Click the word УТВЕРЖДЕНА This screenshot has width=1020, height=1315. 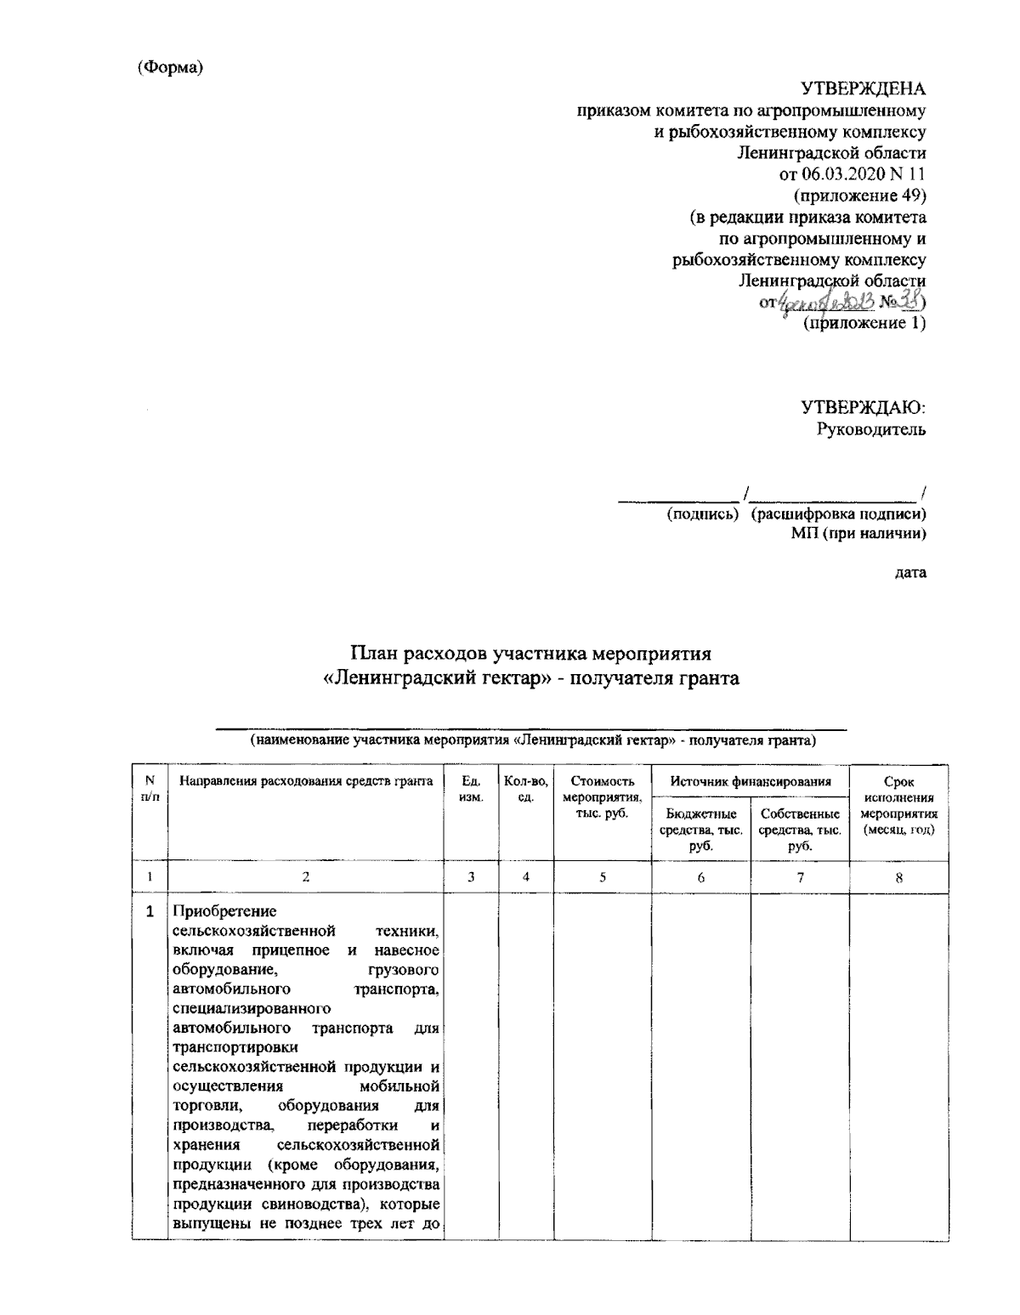pyautogui.click(x=864, y=89)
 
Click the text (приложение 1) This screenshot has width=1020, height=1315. pyautogui.click(x=864, y=323)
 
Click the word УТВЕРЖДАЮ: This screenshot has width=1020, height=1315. pyautogui.click(x=863, y=408)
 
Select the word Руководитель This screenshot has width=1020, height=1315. pyautogui.click(x=871, y=429)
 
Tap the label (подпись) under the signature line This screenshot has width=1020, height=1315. pyautogui.click(x=703, y=513)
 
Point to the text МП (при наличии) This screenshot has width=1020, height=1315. pyautogui.click(x=859, y=534)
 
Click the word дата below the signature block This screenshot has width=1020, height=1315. pyautogui.click(x=910, y=572)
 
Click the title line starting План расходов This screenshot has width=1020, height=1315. pyautogui.click(x=531, y=655)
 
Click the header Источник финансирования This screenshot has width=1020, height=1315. pyautogui.click(x=750, y=781)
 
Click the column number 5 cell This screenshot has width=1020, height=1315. pyautogui.click(x=602, y=878)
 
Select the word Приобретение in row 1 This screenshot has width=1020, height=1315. pyautogui.click(x=212, y=912)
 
